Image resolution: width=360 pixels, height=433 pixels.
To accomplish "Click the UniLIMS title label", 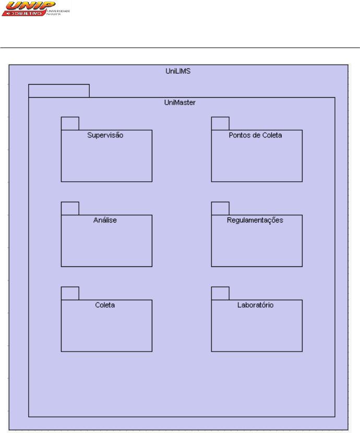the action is tap(178, 71).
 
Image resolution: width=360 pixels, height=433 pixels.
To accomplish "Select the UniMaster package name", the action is tap(180, 102).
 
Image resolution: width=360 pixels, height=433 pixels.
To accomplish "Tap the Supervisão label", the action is tap(105, 135).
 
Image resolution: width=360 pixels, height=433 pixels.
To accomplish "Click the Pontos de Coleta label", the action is tap(256, 135).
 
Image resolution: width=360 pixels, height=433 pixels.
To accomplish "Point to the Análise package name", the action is tap(105, 220).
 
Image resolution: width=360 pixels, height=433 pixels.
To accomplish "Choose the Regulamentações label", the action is tap(255, 220).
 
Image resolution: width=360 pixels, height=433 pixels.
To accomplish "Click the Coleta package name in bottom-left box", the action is tap(105, 305).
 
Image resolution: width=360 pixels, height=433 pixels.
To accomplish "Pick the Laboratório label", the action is tap(256, 305).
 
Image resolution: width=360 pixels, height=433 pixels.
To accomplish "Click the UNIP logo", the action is tap(36, 8).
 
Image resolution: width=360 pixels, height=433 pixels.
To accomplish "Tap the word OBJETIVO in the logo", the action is tap(27, 13).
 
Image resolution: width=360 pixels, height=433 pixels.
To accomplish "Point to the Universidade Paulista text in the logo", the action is tap(58, 13).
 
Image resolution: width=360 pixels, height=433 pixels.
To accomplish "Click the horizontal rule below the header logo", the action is tap(180, 48).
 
